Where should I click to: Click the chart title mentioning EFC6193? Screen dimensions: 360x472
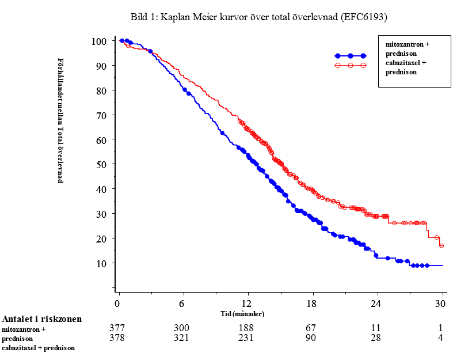(x=258, y=17)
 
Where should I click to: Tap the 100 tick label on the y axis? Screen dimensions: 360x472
(x=99, y=41)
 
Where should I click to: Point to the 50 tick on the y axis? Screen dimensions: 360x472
(x=101, y=164)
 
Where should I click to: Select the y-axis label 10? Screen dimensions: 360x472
(x=101, y=263)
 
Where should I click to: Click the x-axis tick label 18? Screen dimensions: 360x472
(x=311, y=304)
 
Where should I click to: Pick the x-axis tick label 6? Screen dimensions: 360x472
(x=182, y=304)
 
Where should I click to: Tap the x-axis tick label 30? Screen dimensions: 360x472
(x=441, y=304)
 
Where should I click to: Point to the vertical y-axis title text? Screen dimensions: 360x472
(x=60, y=120)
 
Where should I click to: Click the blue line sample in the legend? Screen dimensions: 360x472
(x=350, y=56)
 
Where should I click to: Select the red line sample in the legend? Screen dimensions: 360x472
(x=350, y=66)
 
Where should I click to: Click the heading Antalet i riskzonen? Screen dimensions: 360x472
(x=42, y=319)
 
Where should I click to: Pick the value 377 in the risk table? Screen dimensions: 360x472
(x=117, y=328)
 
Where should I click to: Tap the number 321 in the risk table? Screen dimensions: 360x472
(x=182, y=338)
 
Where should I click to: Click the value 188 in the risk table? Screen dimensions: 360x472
(x=247, y=328)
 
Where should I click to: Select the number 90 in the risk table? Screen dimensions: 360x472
(x=311, y=338)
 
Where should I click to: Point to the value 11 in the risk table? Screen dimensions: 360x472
(x=376, y=328)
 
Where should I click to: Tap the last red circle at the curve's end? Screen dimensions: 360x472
(x=441, y=245)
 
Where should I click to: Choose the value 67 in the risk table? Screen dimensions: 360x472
(x=311, y=328)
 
